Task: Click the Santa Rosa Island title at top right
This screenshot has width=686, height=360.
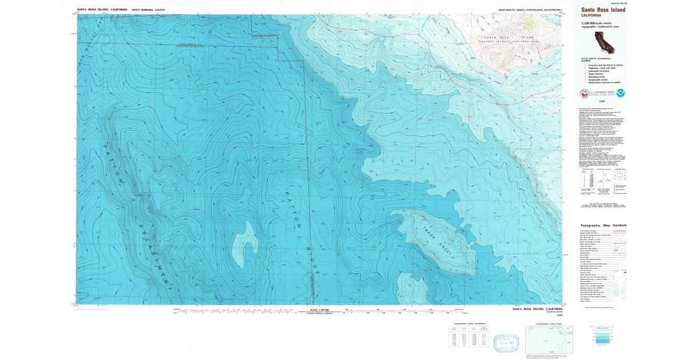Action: click(603, 10)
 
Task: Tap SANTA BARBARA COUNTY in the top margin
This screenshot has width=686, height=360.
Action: click(148, 10)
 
